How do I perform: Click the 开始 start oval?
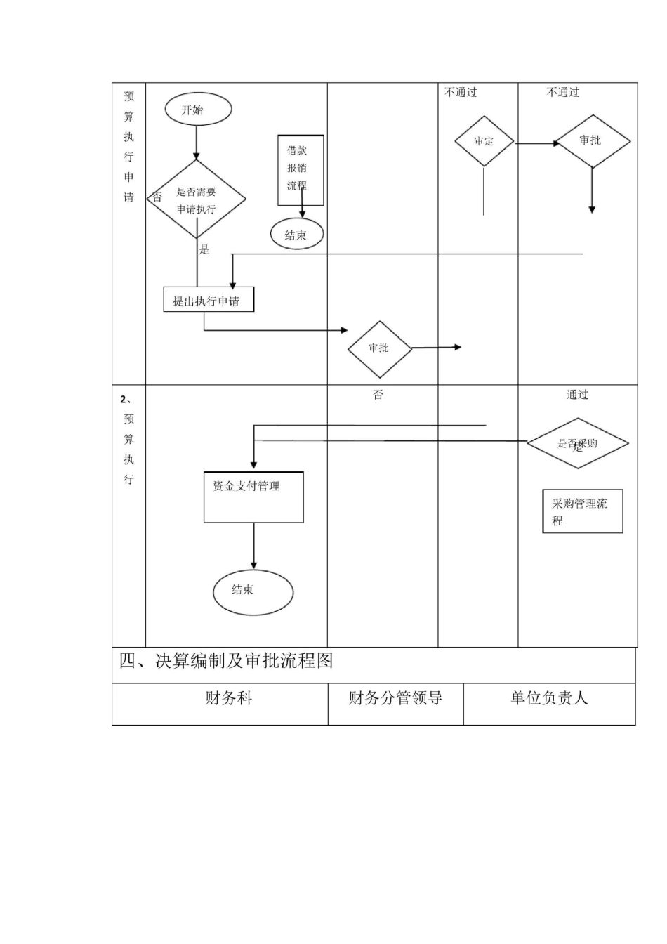click(x=198, y=110)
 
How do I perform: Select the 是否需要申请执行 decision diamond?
click(x=197, y=199)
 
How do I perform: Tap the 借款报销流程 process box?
click(x=301, y=170)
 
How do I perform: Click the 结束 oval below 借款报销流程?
click(x=297, y=235)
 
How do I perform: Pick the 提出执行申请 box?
click(x=209, y=300)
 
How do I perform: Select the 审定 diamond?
click(x=484, y=141)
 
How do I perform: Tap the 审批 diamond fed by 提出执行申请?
click(x=379, y=348)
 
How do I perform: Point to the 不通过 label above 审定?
click(x=461, y=92)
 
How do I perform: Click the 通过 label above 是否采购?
click(x=577, y=395)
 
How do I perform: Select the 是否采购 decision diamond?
click(x=577, y=443)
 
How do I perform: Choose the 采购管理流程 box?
click(x=582, y=511)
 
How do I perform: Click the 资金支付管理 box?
click(x=253, y=497)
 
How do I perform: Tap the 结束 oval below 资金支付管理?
click(x=253, y=592)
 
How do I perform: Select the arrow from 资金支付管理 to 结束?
click(x=253, y=546)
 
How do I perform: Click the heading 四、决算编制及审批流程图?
click(x=226, y=661)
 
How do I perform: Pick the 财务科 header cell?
click(x=228, y=698)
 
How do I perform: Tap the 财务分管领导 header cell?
click(x=395, y=698)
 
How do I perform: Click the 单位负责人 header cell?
click(x=549, y=698)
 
